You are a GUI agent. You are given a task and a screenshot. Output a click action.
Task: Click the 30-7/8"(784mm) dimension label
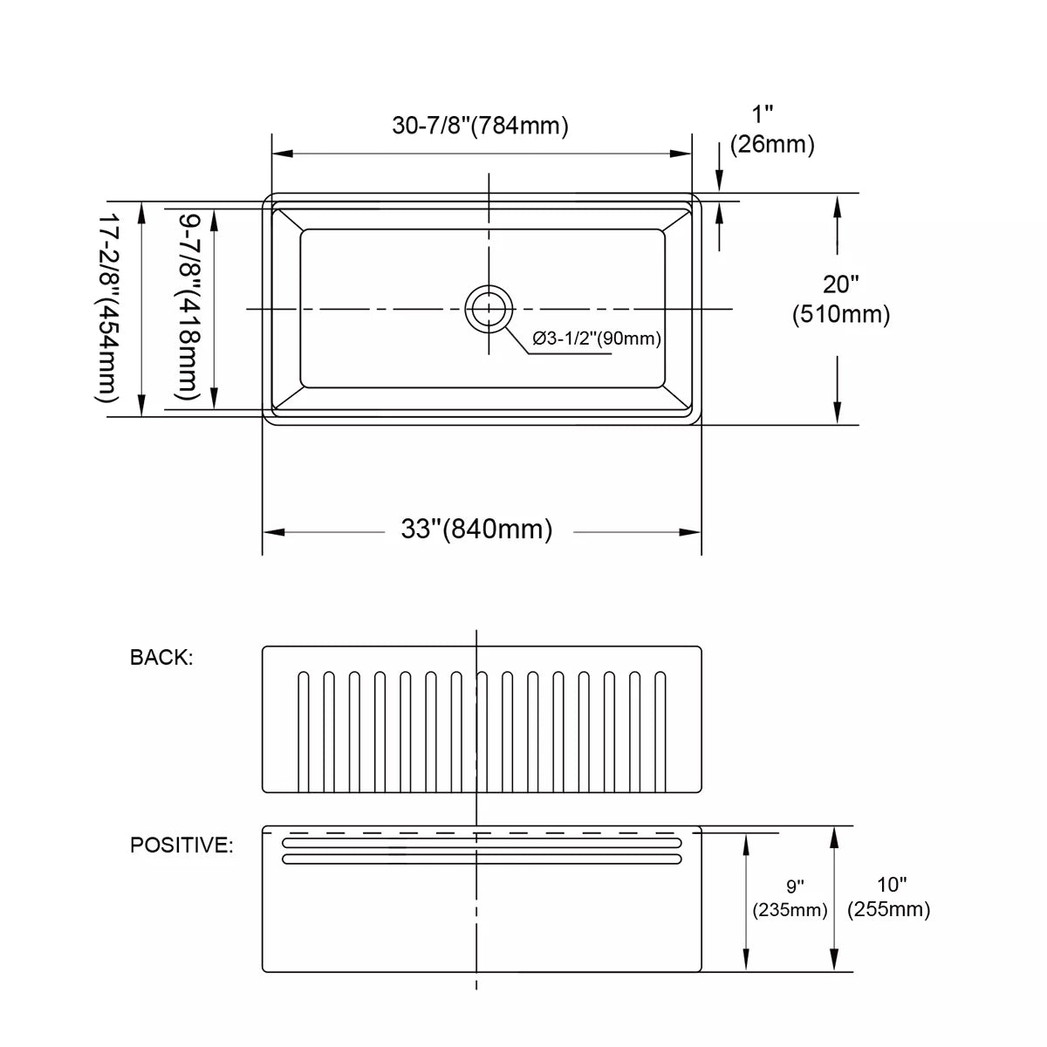coord(480,126)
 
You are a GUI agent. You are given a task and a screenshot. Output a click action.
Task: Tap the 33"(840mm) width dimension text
coord(476,529)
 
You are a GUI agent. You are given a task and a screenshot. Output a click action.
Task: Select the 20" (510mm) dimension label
coord(840,299)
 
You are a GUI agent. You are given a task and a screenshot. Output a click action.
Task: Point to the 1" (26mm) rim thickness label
coord(772,130)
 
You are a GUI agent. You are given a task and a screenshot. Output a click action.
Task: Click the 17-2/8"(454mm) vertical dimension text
coord(107,307)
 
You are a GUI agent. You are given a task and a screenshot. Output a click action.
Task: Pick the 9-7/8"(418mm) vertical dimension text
coord(188,307)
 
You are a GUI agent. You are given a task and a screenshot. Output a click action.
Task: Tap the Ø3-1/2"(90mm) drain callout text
coord(597,339)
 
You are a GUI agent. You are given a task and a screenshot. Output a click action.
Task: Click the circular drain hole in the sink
coord(489,309)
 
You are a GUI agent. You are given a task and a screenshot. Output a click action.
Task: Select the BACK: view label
coord(161,658)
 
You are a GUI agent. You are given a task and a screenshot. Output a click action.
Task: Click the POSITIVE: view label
coord(181,845)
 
